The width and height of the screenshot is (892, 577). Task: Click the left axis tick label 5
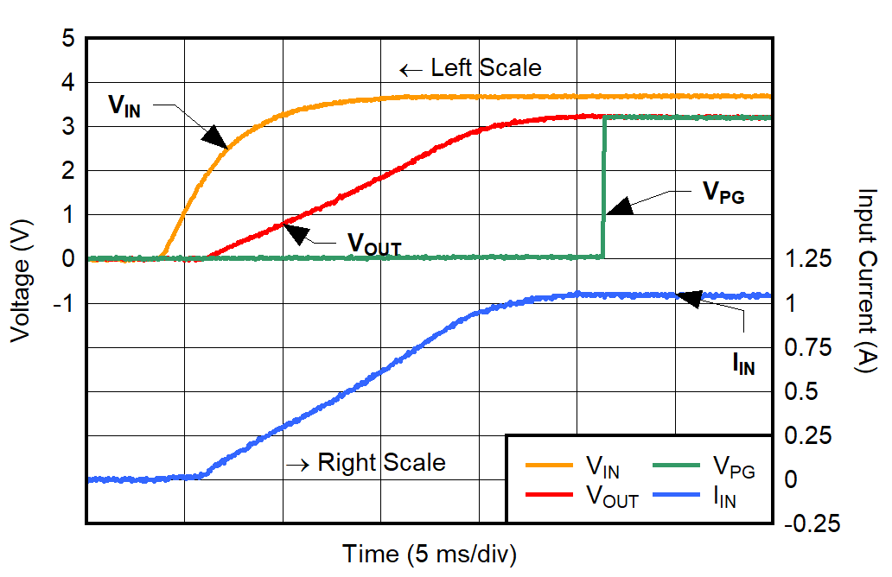pyautogui.click(x=68, y=39)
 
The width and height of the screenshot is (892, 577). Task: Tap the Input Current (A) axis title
pyautogui.click(x=865, y=281)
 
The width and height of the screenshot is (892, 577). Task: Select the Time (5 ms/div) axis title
pyautogui.click(x=429, y=554)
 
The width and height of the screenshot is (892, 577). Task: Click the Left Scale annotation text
pyautogui.click(x=486, y=68)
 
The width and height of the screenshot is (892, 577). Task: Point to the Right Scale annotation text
pyautogui.click(x=381, y=462)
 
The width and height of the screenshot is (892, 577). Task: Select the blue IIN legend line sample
pyautogui.click(x=676, y=496)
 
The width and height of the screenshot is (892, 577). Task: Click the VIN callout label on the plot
pyautogui.click(x=124, y=105)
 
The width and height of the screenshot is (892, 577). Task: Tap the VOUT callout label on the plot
pyautogui.click(x=374, y=244)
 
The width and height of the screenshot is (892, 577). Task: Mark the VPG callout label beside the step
pyautogui.click(x=721, y=194)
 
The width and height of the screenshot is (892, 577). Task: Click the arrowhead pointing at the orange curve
pyautogui.click(x=215, y=137)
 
